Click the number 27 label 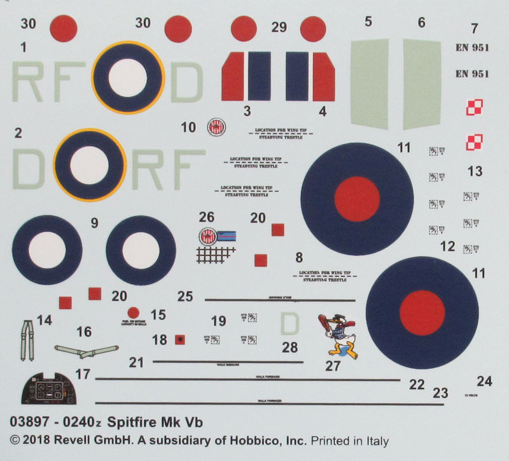pos(332,366)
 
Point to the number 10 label pos(188,127)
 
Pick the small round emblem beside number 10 pos(216,128)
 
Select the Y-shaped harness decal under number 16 pos(87,350)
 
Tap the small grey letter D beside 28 pos(289,325)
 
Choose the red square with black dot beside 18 pos(180,340)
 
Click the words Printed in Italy pos(351,441)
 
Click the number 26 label pos(207,217)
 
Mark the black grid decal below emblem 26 pos(215,254)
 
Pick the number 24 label pos(484,382)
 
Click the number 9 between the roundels pos(94,223)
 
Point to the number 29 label pos(279,27)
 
